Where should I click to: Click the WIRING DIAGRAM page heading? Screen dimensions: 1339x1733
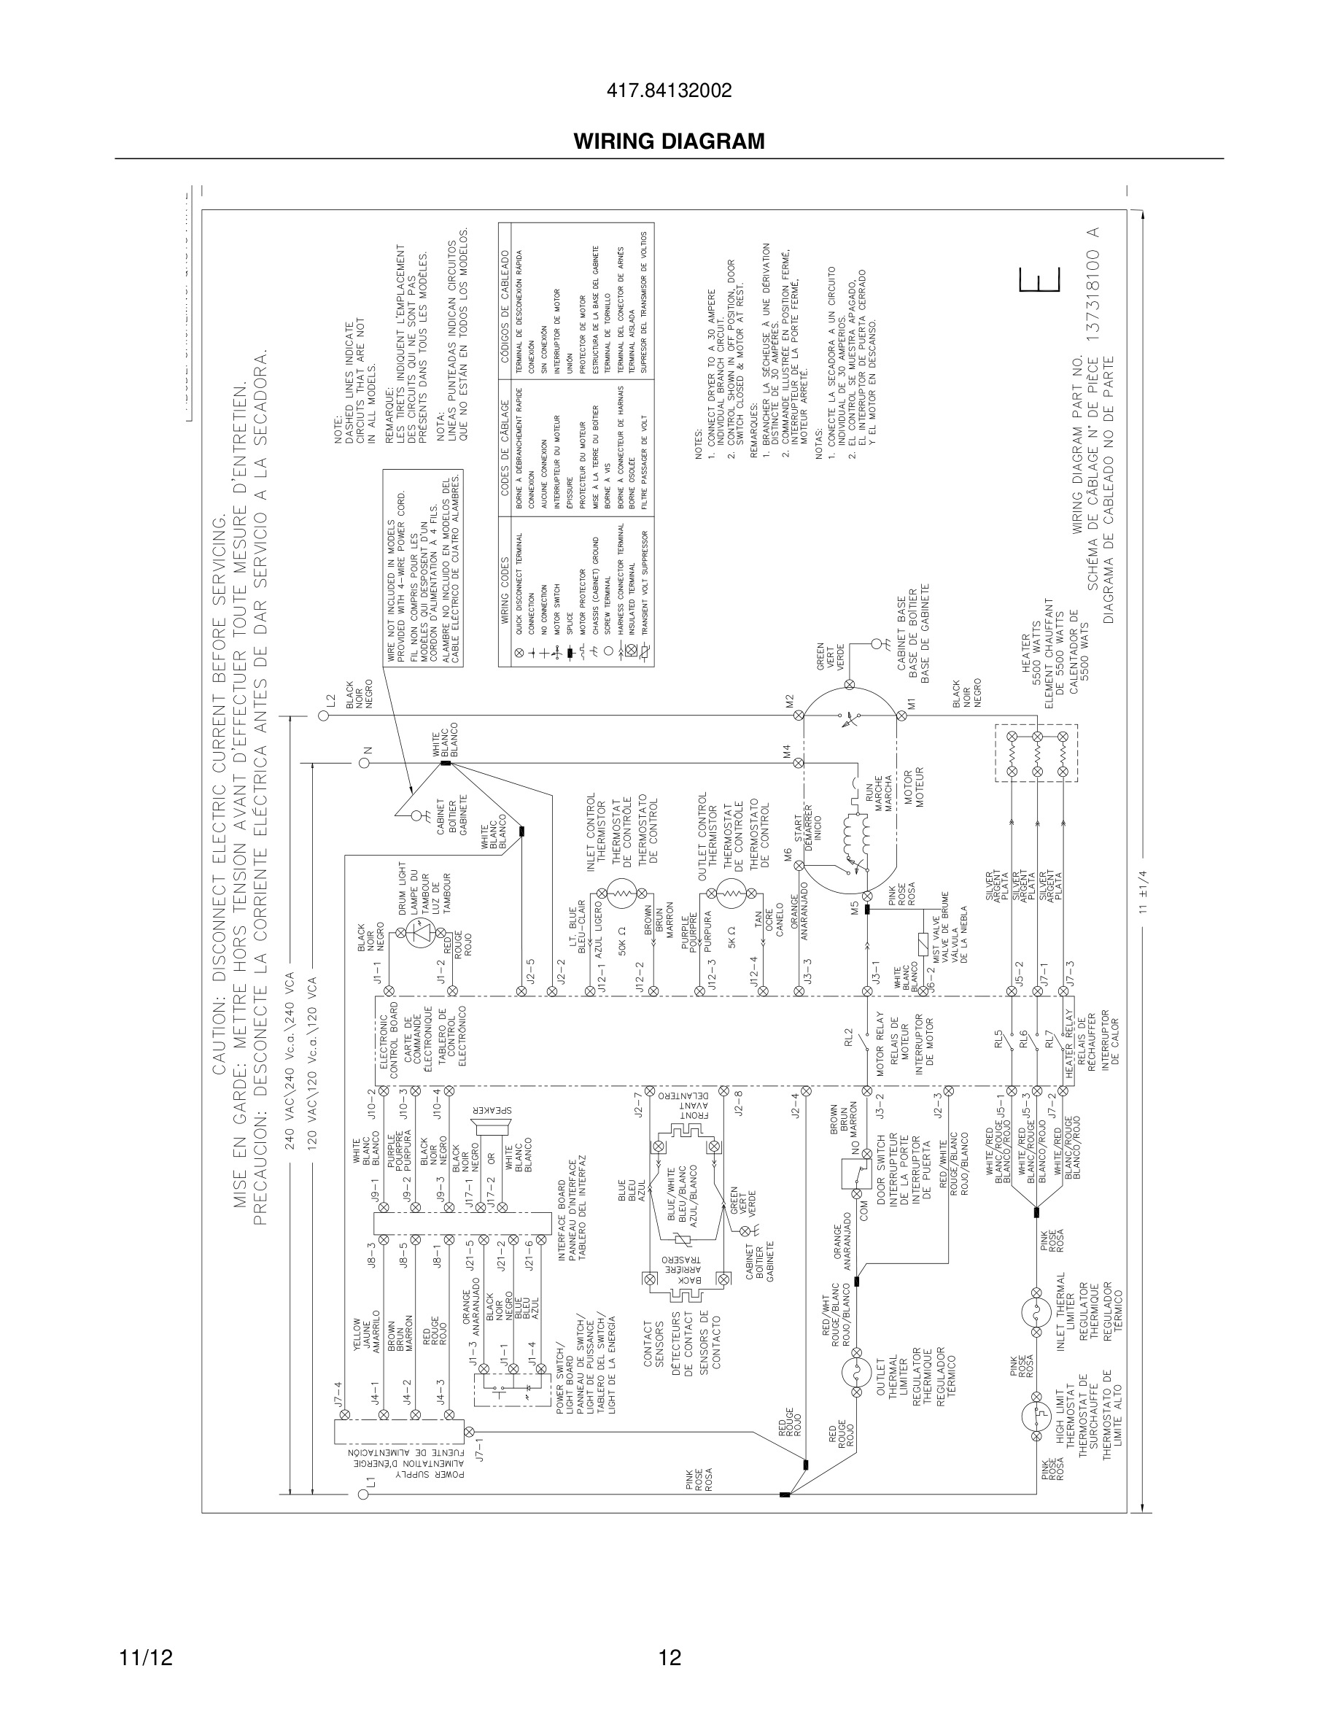point(669,141)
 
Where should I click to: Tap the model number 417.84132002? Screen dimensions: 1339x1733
point(669,91)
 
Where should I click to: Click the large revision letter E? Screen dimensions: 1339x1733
point(1040,281)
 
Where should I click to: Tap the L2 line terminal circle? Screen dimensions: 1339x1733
point(324,715)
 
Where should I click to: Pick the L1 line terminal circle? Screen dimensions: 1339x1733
point(363,1495)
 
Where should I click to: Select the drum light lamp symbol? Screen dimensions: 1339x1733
point(419,936)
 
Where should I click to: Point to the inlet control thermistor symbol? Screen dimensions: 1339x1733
point(622,894)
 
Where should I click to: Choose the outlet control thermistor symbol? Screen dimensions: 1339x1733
point(731,894)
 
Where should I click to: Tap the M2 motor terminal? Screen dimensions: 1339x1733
point(799,715)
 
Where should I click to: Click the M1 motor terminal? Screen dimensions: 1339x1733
point(901,715)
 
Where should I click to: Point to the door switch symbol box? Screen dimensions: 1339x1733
point(856,1174)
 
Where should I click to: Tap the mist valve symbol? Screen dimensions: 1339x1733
point(923,945)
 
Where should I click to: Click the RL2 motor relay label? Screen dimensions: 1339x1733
point(847,1036)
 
